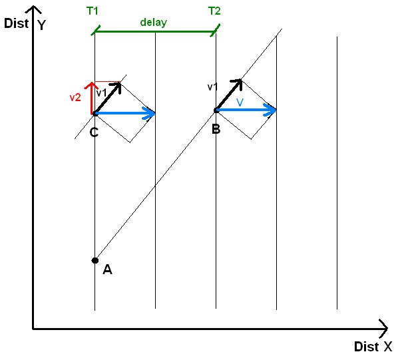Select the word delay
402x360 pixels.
click(153, 22)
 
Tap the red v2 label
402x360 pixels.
click(76, 97)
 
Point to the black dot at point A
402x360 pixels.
click(95, 260)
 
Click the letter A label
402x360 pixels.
click(107, 270)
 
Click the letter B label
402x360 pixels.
click(216, 128)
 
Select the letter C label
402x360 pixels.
click(94, 132)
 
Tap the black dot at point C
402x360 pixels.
click(95, 113)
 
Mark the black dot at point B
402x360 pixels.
click(216, 110)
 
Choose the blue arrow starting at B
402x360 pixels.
click(246, 110)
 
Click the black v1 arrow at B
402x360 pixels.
click(228, 94)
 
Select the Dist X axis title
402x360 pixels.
click(373, 347)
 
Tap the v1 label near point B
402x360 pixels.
click(213, 87)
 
